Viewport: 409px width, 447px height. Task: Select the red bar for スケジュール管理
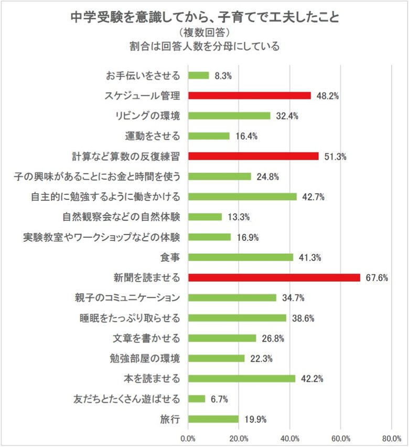[x=249, y=96]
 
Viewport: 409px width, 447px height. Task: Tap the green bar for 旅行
[x=213, y=419]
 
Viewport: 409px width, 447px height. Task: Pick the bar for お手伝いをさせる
[x=198, y=75]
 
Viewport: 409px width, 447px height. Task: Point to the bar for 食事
[x=240, y=257]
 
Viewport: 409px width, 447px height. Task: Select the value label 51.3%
[x=336, y=157]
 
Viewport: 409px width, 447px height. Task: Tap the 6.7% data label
[x=219, y=399]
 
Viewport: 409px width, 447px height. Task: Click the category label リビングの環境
[x=148, y=116]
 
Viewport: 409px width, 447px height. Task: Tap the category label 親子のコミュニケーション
[x=128, y=298]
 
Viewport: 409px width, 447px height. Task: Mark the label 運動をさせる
[x=153, y=136]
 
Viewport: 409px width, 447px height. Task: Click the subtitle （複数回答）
[x=204, y=32]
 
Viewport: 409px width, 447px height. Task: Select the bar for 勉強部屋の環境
[x=216, y=359]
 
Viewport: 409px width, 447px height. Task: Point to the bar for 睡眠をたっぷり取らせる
[x=237, y=318]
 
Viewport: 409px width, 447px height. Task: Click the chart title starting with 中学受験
[x=204, y=17]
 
